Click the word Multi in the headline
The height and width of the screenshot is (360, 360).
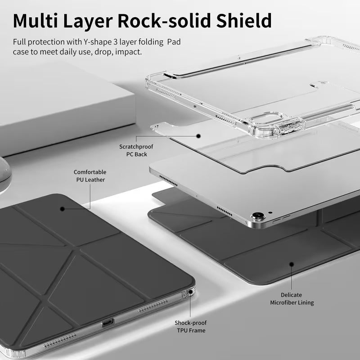coord(36,21)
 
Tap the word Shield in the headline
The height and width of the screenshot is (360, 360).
coord(244,21)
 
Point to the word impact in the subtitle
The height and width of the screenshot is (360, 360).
coord(128,52)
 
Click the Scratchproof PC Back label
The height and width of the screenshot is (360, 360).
coord(136,150)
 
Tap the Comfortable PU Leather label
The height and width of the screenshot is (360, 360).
coord(90,176)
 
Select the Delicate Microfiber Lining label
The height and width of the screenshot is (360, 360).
coord(292,299)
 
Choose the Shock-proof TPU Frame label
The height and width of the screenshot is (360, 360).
coord(191,327)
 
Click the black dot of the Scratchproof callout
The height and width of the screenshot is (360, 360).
coord(198,136)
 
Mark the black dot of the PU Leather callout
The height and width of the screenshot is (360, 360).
coord(62,209)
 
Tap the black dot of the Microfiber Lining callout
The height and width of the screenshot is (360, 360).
coord(292,264)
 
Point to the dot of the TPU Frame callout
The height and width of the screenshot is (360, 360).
coord(190,292)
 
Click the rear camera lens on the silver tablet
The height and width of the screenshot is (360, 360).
coord(258,216)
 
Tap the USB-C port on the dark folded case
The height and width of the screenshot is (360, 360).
coord(108,323)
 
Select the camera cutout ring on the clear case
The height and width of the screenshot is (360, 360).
coord(266,118)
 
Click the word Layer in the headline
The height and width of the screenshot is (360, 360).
coord(88,21)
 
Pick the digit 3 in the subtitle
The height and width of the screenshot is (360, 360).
coord(116,42)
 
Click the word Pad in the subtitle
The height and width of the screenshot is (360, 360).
coord(174,42)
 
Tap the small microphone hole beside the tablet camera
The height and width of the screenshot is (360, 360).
coord(270,212)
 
